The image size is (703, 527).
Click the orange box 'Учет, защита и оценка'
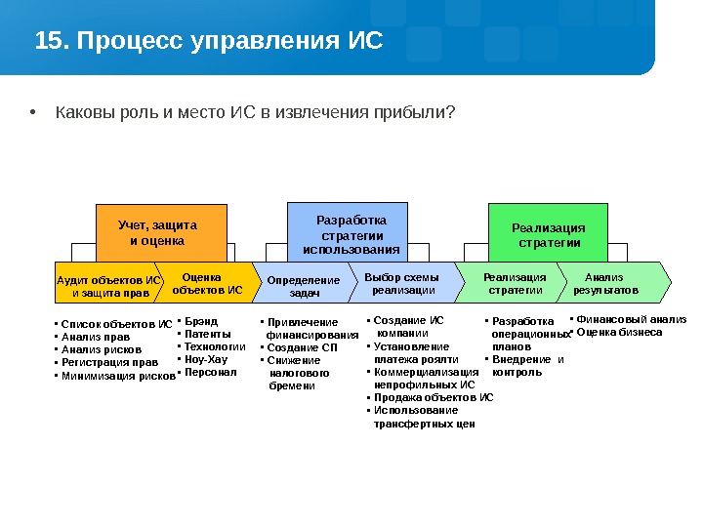pyautogui.click(x=160, y=232)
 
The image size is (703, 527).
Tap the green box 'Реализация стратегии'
pyautogui.click(x=549, y=235)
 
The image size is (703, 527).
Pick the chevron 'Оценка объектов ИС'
pyautogui.click(x=205, y=283)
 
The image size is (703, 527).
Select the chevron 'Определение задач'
pyautogui.click(x=304, y=285)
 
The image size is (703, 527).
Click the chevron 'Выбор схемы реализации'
pyautogui.click(x=402, y=283)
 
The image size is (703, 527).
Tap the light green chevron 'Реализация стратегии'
pyautogui.click(x=515, y=283)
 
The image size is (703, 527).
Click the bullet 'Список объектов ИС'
pyautogui.click(x=115, y=323)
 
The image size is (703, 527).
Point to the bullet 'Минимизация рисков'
pyautogui.click(x=117, y=376)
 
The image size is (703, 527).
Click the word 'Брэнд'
pyautogui.click(x=202, y=320)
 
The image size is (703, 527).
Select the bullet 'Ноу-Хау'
pyautogui.click(x=206, y=359)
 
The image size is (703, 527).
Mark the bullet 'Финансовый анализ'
pyautogui.click(x=631, y=319)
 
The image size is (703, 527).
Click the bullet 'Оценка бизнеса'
pyautogui.click(x=619, y=333)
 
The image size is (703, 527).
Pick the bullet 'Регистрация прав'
pyautogui.click(x=109, y=362)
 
